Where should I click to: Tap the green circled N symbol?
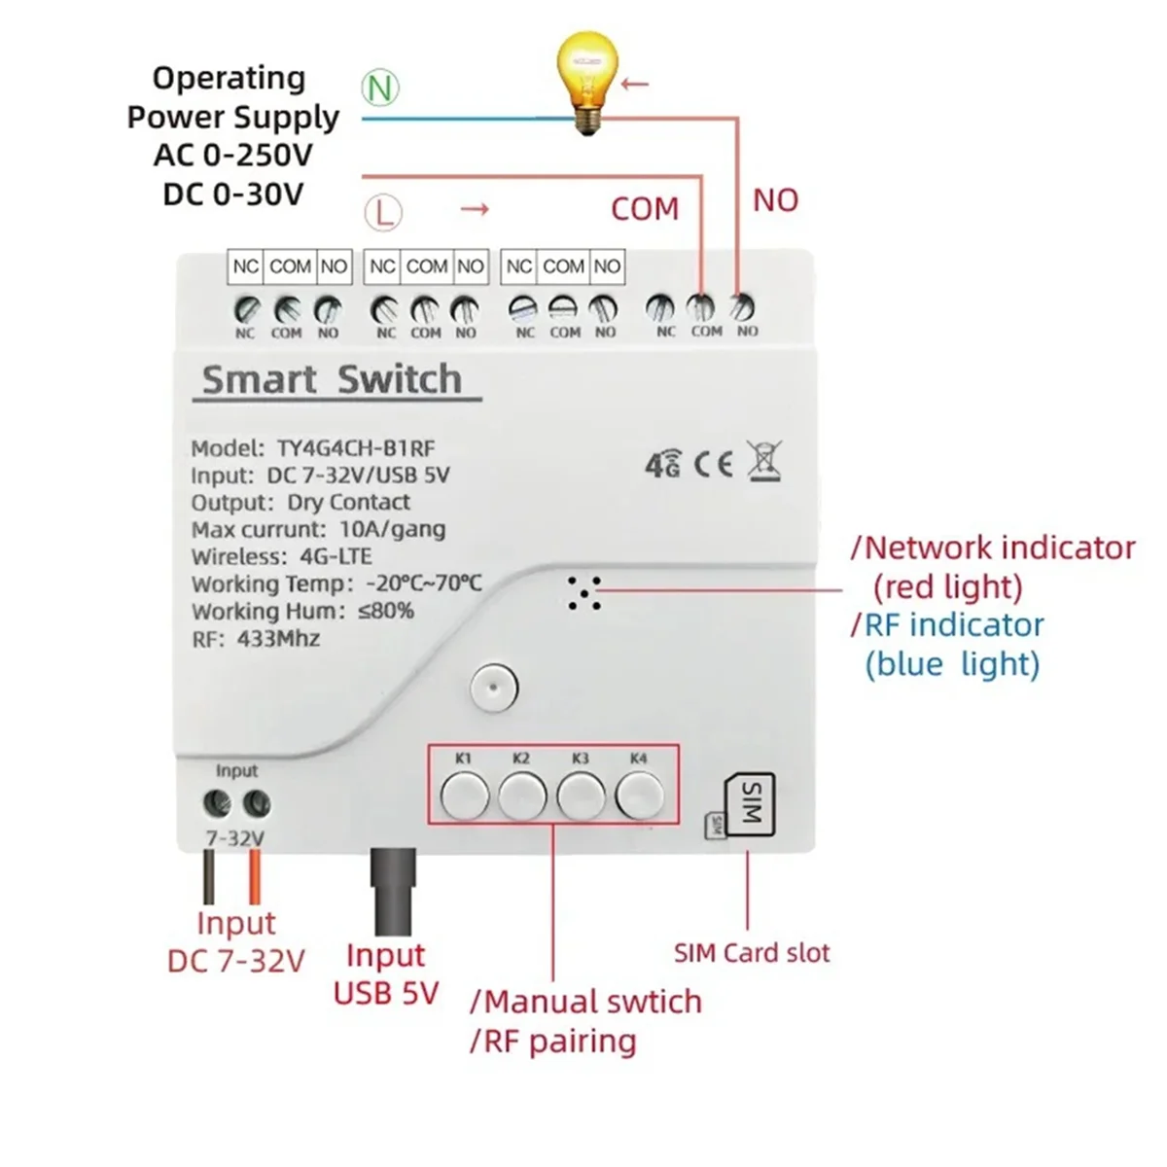click(x=380, y=88)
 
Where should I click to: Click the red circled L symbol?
click(x=383, y=211)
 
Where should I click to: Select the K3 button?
click(x=581, y=796)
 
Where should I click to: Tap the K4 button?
click(x=639, y=796)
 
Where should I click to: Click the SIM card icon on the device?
click(x=750, y=802)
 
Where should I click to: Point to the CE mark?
click(x=713, y=464)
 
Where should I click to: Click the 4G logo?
click(x=663, y=465)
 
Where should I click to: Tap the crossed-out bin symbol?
click(x=764, y=460)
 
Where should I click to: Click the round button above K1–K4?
click(x=493, y=688)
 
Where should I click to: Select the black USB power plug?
click(x=393, y=880)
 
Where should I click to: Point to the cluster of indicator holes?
click(x=585, y=592)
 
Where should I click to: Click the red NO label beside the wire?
click(x=775, y=200)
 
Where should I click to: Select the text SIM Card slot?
click(x=752, y=953)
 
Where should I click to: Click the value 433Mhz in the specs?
click(x=278, y=639)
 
